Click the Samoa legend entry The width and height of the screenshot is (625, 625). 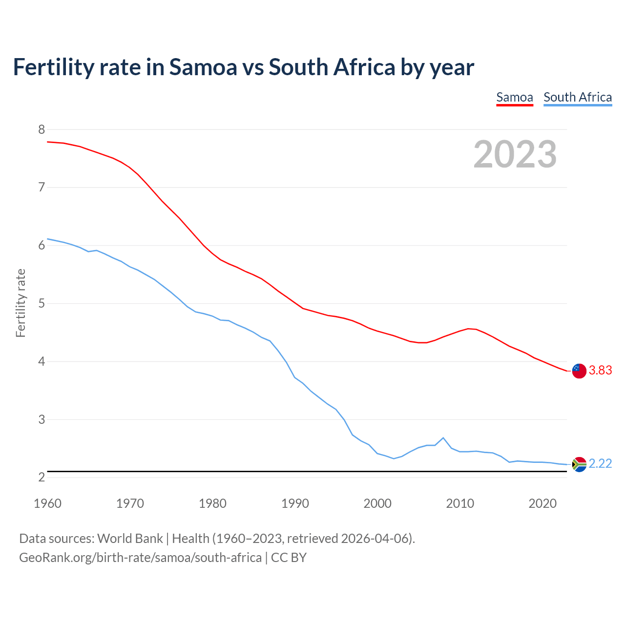click(514, 97)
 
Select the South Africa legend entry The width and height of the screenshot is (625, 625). click(578, 97)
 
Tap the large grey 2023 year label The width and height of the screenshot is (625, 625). click(515, 154)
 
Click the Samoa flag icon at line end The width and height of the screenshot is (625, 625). click(579, 371)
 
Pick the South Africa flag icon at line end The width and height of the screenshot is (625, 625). click(579, 464)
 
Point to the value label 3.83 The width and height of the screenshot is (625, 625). click(600, 371)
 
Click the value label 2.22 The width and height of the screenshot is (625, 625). click(600, 464)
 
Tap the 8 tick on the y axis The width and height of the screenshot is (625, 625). click(42, 129)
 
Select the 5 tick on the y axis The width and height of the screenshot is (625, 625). click(42, 304)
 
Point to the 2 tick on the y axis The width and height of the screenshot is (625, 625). click(42, 478)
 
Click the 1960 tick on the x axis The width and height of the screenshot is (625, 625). click(47, 503)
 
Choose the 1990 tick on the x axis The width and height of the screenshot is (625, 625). click(295, 503)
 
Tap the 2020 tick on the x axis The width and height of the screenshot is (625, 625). click(542, 503)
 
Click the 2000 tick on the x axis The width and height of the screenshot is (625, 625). click(377, 503)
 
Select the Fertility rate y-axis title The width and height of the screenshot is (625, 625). click(21, 303)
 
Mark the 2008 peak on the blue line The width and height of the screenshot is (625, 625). click(443, 437)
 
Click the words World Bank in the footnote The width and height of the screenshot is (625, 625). click(130, 539)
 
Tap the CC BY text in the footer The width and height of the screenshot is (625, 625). click(289, 558)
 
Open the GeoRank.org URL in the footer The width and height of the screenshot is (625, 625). click(140, 558)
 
